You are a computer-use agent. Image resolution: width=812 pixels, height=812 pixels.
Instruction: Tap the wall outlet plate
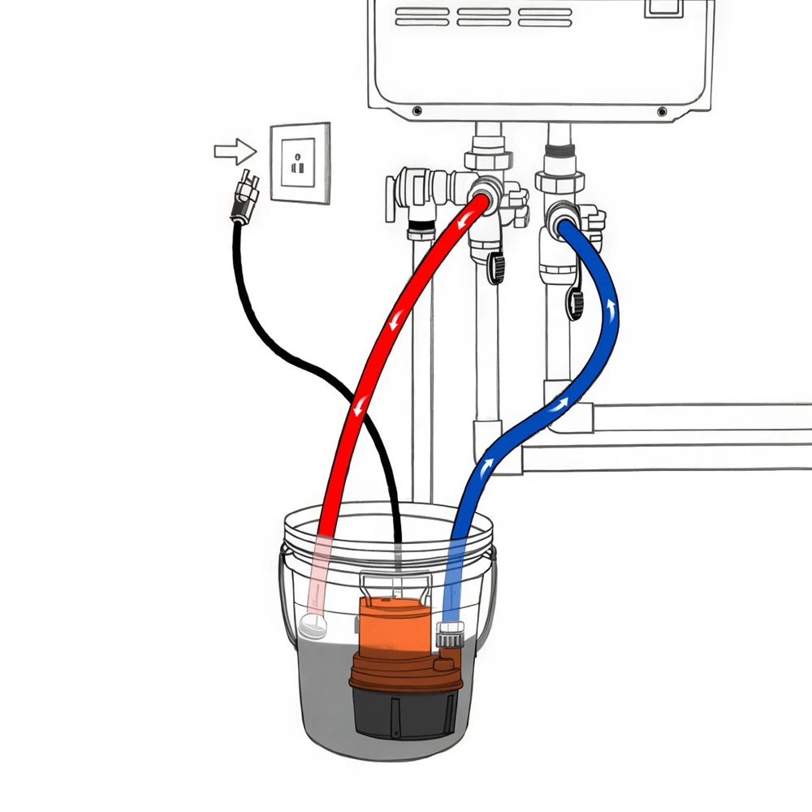pyautogui.click(x=300, y=163)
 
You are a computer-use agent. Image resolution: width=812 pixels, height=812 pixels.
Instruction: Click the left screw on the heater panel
pyautogui.click(x=417, y=110)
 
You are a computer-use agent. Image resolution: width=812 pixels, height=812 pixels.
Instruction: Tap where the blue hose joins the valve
pyautogui.click(x=564, y=218)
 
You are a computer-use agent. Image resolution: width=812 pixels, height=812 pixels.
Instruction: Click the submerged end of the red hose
pyautogui.click(x=313, y=625)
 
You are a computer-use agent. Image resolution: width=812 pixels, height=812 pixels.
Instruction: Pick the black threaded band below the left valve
pyautogui.click(x=420, y=224)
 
